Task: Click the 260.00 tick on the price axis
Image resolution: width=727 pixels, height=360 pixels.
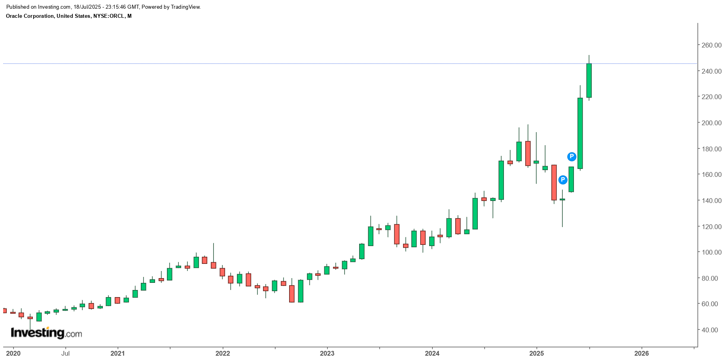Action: (711, 45)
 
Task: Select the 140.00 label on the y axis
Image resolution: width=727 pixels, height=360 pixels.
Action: (711, 201)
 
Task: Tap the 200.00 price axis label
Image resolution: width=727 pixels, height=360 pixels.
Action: (711, 123)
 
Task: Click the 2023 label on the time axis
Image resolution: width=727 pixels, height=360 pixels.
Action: (327, 353)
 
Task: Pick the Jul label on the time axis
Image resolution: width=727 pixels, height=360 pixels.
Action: (65, 353)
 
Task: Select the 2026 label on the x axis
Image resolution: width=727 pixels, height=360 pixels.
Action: (641, 353)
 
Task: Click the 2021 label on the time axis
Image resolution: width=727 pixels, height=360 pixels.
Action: (117, 353)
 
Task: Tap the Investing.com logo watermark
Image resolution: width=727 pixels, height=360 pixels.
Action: (46, 333)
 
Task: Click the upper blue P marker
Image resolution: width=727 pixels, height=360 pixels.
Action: (572, 157)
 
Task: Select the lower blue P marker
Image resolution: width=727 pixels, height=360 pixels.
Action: (562, 180)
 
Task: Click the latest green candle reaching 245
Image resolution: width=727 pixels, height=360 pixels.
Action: (589, 80)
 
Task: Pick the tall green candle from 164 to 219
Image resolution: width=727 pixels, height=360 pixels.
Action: (580, 133)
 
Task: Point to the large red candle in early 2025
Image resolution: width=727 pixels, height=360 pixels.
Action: (554, 182)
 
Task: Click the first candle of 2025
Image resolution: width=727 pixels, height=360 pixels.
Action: (536, 162)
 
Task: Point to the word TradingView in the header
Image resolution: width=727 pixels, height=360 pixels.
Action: (186, 7)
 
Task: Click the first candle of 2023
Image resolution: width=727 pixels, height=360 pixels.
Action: (327, 270)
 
